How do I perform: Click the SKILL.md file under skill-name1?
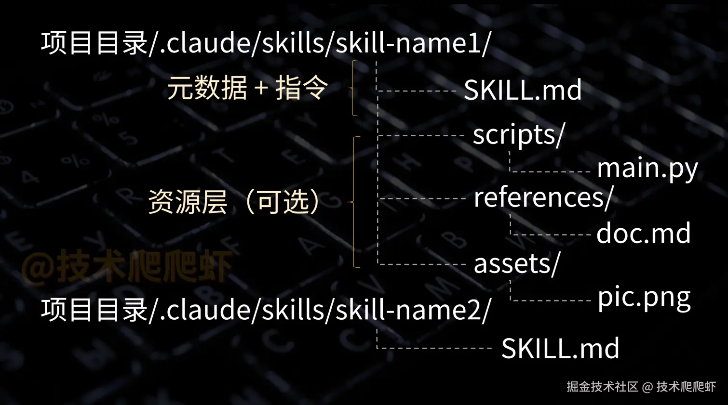click(523, 90)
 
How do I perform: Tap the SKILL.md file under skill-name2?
click(560, 348)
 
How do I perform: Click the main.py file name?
click(647, 169)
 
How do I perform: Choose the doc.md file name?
click(644, 234)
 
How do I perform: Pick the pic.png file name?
click(644, 299)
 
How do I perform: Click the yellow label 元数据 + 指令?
click(247, 89)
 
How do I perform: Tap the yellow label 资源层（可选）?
click(234, 201)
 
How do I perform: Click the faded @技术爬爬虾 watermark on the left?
click(126, 266)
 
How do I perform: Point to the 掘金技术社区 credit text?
click(602, 387)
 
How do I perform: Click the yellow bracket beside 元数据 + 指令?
click(354, 88)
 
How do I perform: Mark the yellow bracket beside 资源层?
click(355, 202)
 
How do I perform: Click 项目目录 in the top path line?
click(94, 43)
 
